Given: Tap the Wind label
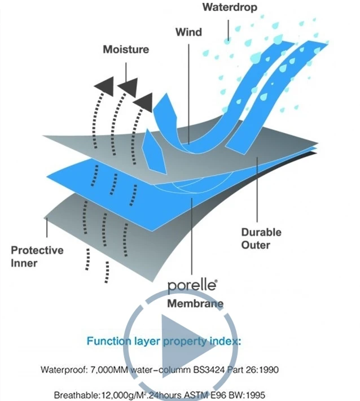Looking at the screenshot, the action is click(188, 32).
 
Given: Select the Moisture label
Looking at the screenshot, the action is click(126, 50).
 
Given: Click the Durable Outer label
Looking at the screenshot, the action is click(261, 238).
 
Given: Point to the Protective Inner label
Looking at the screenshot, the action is click(37, 255).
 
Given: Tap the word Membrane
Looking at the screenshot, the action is click(195, 304).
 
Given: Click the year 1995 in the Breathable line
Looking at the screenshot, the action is click(254, 395).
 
